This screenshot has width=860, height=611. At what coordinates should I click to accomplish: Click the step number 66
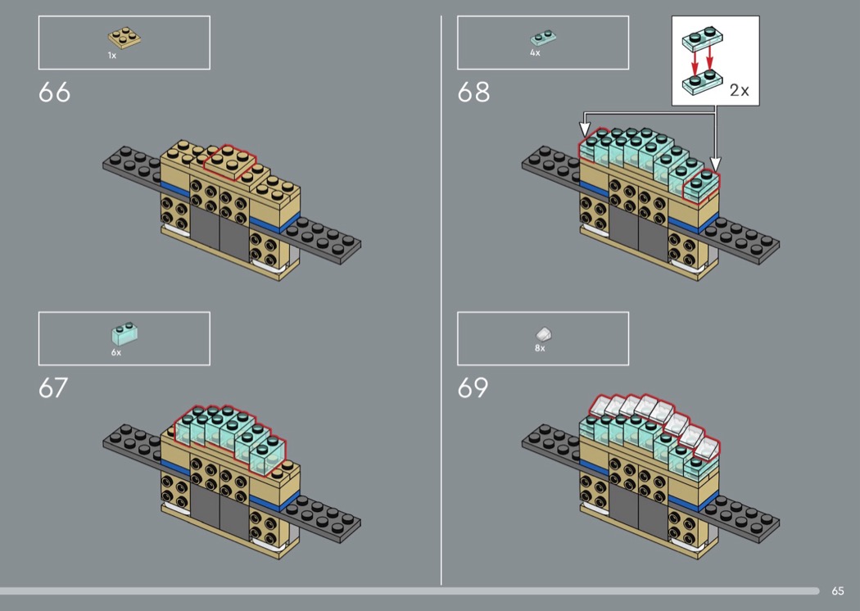54,93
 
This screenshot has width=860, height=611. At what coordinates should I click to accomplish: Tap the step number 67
53,387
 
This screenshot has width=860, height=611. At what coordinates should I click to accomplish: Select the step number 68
473,93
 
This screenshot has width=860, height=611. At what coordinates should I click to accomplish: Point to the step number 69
473,387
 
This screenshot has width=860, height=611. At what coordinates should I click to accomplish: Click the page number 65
838,591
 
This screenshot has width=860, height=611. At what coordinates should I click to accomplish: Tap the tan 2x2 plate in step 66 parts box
124,38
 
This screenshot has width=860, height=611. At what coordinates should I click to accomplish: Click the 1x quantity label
112,56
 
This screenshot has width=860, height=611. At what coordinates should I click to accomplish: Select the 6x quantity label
116,352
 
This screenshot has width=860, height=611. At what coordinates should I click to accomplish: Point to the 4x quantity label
535,52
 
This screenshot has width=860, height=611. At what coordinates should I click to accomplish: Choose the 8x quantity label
540,348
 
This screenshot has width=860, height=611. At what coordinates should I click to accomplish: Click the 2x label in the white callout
739,90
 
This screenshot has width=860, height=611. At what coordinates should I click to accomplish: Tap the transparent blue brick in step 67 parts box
124,333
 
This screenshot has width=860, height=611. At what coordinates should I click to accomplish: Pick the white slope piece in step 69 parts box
544,334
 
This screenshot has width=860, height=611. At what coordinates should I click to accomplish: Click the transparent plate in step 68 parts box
543,38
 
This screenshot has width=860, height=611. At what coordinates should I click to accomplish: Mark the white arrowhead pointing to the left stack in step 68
586,129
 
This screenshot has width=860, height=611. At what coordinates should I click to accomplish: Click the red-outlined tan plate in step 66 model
230,162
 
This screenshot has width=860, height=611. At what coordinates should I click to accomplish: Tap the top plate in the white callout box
702,39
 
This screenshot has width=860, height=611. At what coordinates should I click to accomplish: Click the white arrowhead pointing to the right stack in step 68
715,164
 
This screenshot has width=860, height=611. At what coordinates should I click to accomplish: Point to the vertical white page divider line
441,300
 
